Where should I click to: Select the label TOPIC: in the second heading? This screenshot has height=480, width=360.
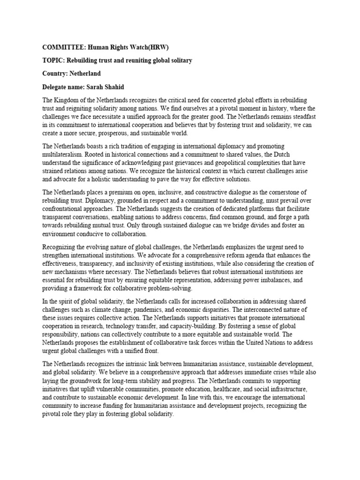tap(53, 60)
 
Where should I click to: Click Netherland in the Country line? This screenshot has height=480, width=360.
tap(85, 74)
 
